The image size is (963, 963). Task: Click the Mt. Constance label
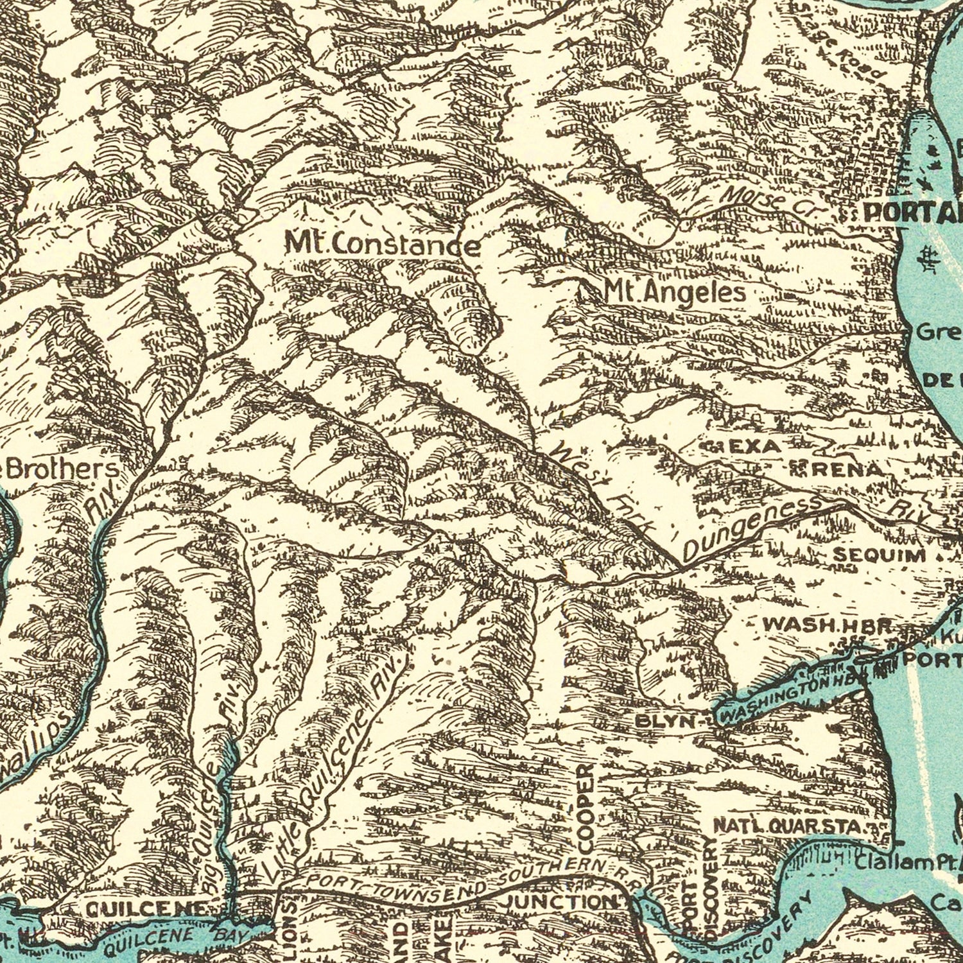click(x=383, y=244)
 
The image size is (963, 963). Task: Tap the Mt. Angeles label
click(x=675, y=293)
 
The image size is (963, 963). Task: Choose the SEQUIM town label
click(x=879, y=555)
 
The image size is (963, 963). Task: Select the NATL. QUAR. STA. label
click(x=790, y=827)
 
